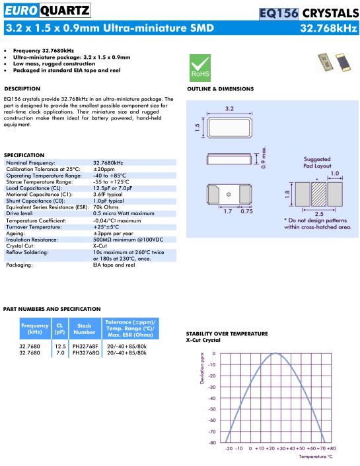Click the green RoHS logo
[200, 68]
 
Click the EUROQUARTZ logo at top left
[48, 11]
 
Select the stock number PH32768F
[85, 347]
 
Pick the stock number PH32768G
[86, 352]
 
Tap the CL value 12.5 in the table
[60, 347]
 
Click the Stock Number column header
[85, 329]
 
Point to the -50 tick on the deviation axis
[212, 409]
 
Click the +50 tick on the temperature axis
[300, 448]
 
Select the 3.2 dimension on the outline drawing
[229, 108]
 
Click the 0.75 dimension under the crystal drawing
[246, 211]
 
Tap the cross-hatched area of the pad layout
[318, 194]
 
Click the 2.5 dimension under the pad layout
[319, 214]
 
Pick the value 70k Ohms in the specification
[106, 207]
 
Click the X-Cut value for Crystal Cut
[100, 246]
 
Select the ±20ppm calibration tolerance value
[104, 169]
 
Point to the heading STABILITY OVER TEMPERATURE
[227, 334]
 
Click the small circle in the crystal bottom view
[229, 194]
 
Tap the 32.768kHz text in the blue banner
[328, 28]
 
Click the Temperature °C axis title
[316, 457]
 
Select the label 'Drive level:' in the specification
[20, 213]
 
